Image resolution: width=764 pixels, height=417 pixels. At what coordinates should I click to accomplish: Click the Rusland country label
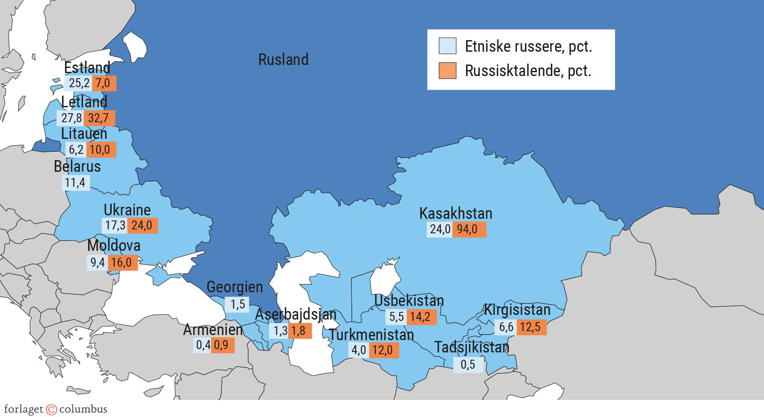click(x=283, y=59)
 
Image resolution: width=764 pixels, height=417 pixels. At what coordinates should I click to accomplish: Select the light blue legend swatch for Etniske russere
click(x=447, y=46)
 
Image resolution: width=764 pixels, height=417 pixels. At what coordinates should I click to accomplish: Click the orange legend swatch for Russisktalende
click(x=447, y=71)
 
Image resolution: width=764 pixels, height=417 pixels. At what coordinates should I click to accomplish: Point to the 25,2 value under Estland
click(x=79, y=83)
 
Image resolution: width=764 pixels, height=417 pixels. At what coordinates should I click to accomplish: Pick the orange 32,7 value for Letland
click(x=99, y=118)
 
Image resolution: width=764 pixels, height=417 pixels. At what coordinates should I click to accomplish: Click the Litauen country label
click(x=84, y=134)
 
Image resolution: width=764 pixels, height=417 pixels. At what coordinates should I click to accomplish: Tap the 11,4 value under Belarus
click(x=75, y=183)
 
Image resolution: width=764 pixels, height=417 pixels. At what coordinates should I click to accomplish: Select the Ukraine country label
click(x=127, y=210)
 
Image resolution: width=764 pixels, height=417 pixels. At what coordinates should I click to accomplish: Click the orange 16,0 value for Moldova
click(x=122, y=262)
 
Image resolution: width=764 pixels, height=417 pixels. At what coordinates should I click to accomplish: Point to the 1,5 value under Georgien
click(x=237, y=304)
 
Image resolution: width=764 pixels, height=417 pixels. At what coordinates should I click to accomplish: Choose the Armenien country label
click(x=213, y=329)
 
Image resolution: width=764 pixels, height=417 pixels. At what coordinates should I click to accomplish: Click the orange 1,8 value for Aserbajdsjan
click(x=299, y=331)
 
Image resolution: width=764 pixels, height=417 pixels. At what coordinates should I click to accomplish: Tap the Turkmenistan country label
click(x=372, y=335)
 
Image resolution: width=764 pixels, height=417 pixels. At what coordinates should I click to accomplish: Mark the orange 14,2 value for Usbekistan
click(x=421, y=317)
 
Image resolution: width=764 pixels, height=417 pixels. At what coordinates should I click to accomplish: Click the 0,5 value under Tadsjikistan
click(x=468, y=365)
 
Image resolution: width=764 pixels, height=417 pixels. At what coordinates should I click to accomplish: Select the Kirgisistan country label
click(x=517, y=310)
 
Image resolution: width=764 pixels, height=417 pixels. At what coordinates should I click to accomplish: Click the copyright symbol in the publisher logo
click(x=51, y=409)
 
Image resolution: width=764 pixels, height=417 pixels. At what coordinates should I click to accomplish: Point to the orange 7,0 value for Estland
click(x=103, y=83)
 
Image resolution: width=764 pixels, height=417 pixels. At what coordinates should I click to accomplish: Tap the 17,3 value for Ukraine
click(x=115, y=226)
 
